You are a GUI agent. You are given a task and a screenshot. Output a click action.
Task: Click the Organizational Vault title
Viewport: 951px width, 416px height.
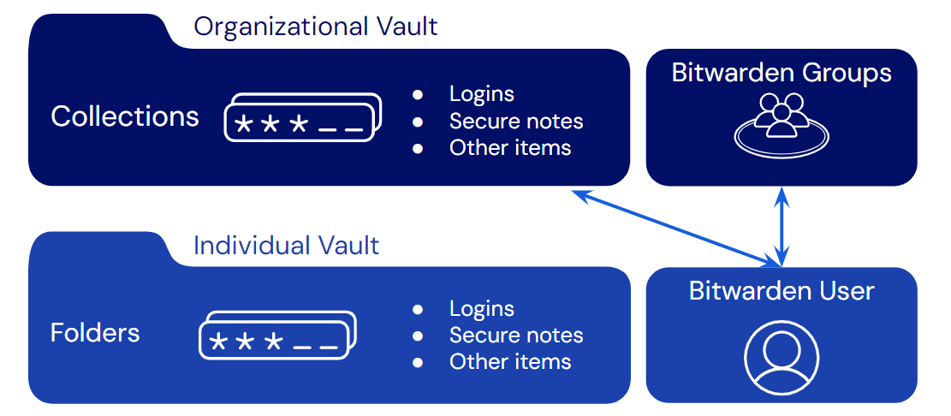click(315, 27)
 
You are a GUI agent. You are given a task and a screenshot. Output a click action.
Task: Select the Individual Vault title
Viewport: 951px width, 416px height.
click(286, 246)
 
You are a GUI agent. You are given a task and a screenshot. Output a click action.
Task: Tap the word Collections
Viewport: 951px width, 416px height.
click(125, 116)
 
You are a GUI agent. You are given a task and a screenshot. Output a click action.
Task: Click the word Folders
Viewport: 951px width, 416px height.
click(95, 332)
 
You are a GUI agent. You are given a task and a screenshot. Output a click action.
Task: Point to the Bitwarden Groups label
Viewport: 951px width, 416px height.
click(781, 73)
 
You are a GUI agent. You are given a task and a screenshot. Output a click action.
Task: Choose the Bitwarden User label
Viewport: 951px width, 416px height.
click(781, 291)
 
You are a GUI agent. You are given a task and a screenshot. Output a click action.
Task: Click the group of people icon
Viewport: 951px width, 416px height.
click(781, 124)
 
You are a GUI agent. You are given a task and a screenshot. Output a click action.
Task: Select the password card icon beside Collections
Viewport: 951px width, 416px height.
click(301, 119)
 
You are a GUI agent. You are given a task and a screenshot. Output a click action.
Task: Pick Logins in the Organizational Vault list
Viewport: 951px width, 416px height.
click(482, 94)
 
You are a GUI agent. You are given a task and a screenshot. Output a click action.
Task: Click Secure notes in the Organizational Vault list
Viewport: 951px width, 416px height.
click(516, 121)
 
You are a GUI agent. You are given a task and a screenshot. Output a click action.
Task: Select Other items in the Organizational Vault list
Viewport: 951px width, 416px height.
click(510, 147)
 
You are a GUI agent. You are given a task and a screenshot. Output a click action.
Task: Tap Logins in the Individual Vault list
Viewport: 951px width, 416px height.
click(482, 308)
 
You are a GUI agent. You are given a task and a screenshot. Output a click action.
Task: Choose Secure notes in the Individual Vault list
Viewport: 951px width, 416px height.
click(516, 335)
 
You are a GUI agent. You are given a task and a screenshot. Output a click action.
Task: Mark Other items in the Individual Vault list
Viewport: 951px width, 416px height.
click(510, 361)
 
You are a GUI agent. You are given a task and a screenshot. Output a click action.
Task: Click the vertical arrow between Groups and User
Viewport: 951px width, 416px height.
click(781, 225)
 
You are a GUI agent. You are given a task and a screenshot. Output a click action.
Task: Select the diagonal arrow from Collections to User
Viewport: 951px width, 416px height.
click(676, 227)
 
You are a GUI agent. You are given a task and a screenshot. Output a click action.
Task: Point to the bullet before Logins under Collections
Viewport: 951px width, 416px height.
click(418, 94)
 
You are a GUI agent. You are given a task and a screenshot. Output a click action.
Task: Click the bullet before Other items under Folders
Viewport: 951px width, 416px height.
click(418, 362)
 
